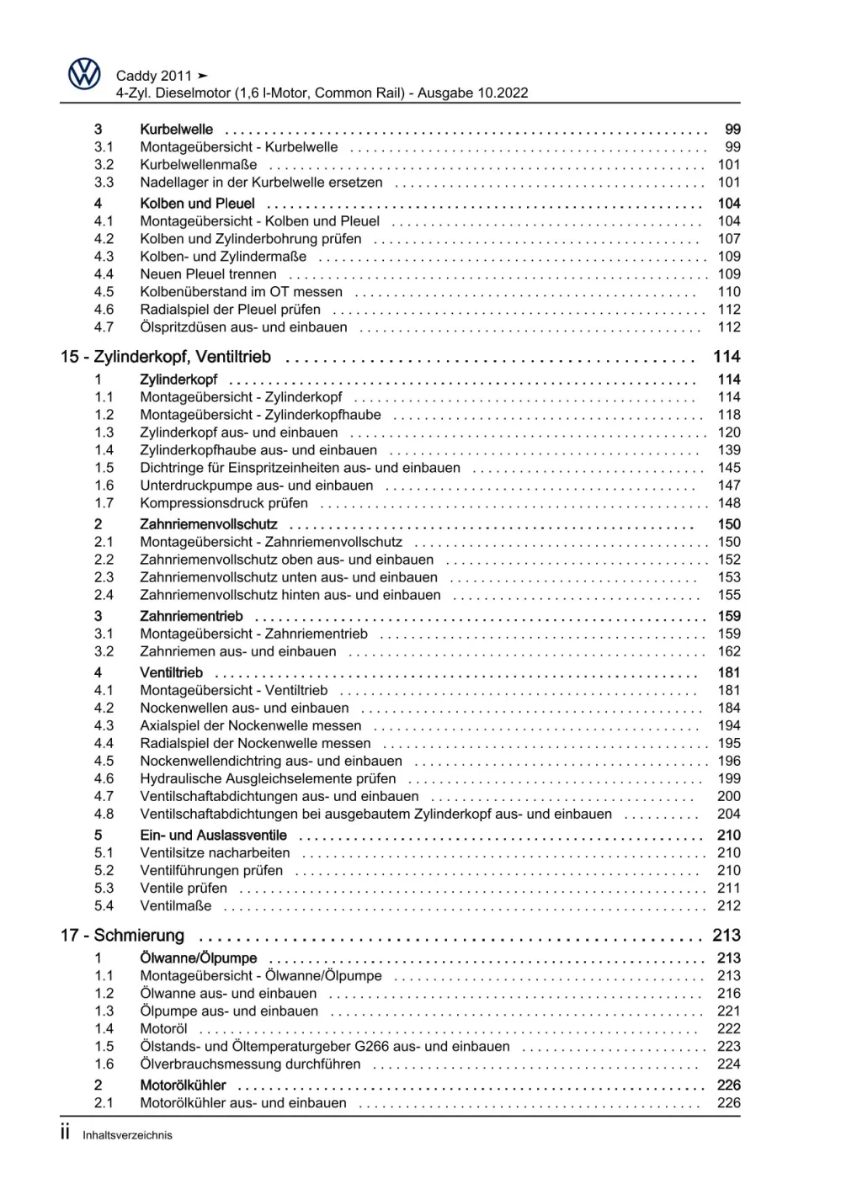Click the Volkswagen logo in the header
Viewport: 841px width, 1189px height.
click(84, 74)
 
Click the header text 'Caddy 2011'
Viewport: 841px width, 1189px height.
click(154, 76)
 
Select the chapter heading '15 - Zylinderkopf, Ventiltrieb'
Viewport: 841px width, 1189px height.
click(166, 357)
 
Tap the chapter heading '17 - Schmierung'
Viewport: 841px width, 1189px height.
click(122, 936)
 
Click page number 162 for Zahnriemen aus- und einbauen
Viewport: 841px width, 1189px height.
click(728, 651)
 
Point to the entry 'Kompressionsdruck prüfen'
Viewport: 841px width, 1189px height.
click(224, 503)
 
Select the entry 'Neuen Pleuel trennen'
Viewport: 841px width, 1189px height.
click(208, 274)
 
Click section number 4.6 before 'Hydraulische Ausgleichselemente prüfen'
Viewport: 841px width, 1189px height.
click(104, 778)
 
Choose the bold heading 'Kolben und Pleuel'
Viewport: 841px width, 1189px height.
click(197, 204)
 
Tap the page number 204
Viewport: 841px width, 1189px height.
click(728, 814)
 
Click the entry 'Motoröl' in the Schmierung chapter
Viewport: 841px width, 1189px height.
click(163, 1028)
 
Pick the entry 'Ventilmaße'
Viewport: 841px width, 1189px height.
click(176, 906)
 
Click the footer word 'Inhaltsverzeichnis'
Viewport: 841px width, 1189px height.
click(127, 1135)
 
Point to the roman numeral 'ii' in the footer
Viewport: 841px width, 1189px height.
click(66, 1133)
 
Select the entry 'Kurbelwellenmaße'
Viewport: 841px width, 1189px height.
click(199, 165)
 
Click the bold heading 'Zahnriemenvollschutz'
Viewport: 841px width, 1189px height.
click(208, 524)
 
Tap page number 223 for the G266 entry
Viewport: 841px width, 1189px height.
click(728, 1046)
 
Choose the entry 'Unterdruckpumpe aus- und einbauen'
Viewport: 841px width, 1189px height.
click(256, 486)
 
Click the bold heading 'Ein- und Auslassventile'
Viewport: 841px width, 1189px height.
click(213, 836)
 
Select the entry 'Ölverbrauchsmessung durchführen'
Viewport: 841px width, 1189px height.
click(250, 1064)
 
